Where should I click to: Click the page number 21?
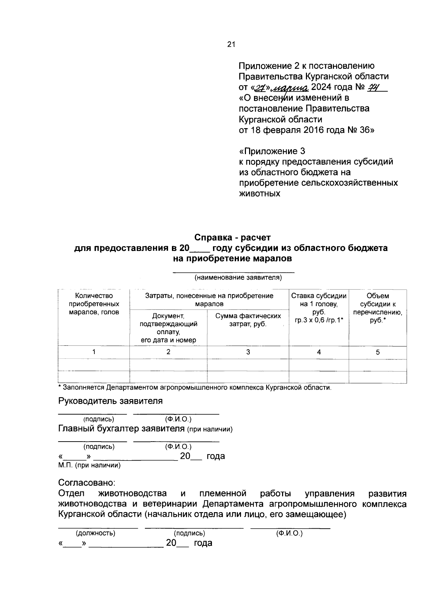pyautogui.click(x=231, y=44)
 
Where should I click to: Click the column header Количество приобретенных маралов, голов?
pyautogui.click(x=94, y=304)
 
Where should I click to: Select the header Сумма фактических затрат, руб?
pyautogui.click(x=248, y=320)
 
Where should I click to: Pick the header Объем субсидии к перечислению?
pyautogui.click(x=377, y=308)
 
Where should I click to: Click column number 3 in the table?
pyautogui.click(x=248, y=352)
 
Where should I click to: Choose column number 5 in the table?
pyautogui.click(x=377, y=352)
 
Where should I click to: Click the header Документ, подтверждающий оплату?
pyautogui.click(x=168, y=328)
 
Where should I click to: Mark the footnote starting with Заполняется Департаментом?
pyautogui.click(x=195, y=388)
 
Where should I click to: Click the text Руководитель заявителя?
pyautogui.click(x=110, y=401)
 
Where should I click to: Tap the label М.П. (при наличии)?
pyautogui.click(x=89, y=465)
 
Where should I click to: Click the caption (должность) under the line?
pyautogui.click(x=96, y=533)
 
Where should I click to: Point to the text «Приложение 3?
pyautogui.click(x=272, y=151)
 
